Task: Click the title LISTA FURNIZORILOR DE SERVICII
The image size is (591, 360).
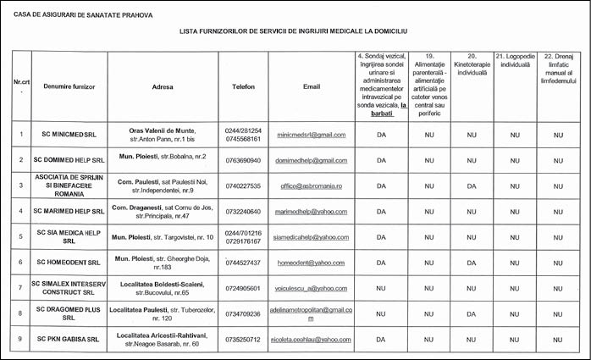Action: click(293, 30)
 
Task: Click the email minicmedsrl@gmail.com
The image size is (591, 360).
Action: click(312, 135)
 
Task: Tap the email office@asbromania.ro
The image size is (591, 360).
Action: click(312, 186)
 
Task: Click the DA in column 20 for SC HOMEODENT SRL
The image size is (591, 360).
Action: click(472, 263)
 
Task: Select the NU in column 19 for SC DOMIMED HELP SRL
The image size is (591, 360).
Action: click(428, 160)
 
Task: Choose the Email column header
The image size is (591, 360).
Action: click(312, 87)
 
